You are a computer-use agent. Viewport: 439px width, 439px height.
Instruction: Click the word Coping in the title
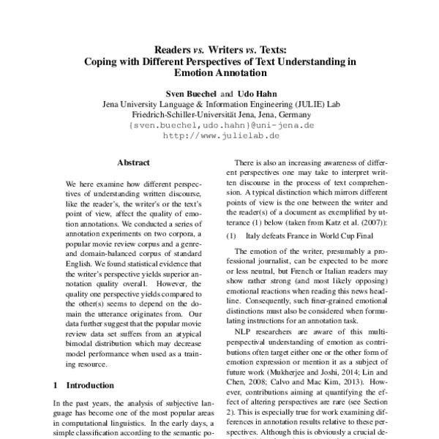click(x=102, y=61)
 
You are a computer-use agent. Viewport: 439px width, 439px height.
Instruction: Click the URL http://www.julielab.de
click(x=219, y=135)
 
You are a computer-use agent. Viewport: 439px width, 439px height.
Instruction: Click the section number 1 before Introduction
click(x=57, y=384)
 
